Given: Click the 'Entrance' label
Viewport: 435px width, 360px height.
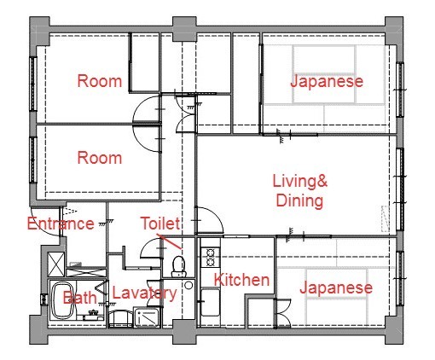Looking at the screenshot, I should (x=60, y=224).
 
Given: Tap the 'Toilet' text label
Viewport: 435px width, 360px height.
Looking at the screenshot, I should (x=160, y=224).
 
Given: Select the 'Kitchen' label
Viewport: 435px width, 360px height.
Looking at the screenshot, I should (x=241, y=280).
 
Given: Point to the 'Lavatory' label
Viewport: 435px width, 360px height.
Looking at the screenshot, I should (x=144, y=293).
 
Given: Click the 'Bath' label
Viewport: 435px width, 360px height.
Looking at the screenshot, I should (x=79, y=298).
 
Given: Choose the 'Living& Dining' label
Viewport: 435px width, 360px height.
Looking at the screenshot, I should (x=299, y=191).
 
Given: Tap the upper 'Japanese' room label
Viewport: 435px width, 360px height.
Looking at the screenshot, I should (x=327, y=82).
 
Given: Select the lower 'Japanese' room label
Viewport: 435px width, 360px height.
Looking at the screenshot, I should (x=335, y=287).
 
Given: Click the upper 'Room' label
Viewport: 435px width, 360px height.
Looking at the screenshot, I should (x=99, y=82).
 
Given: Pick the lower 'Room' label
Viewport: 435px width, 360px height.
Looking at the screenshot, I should (x=99, y=158).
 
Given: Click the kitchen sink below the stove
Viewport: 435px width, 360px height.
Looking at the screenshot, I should (x=210, y=301).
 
